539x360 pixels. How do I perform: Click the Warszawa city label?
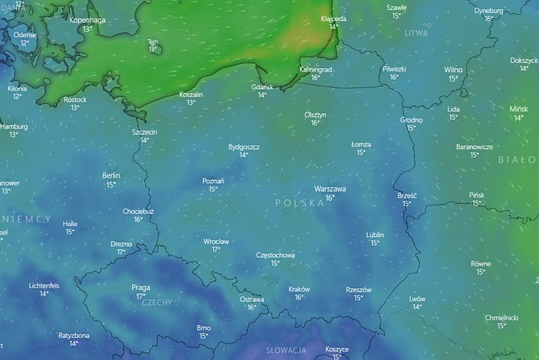(329, 189)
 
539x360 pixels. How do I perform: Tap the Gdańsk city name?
(261, 87)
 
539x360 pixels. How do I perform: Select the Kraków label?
(298, 289)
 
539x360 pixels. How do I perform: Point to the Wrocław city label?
(216, 241)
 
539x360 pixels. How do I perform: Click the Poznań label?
(213, 181)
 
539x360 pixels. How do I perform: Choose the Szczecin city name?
(144, 132)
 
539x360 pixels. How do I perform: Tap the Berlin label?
(111, 175)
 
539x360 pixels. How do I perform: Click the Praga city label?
(141, 287)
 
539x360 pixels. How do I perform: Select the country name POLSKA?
(299, 203)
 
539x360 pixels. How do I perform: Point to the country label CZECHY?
(157, 303)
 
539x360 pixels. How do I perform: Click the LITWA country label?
(416, 32)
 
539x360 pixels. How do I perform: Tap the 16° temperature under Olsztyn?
(315, 123)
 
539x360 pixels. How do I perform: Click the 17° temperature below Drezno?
(121, 252)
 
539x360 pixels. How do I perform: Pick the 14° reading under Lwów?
(417, 307)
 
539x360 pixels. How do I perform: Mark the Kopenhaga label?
(87, 20)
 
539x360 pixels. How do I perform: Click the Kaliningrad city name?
(315, 69)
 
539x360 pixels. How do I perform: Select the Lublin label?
(375, 235)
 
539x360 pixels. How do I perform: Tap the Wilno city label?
(453, 69)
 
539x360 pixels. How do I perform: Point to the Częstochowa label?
(275, 255)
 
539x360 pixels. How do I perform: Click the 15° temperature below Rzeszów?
(358, 297)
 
